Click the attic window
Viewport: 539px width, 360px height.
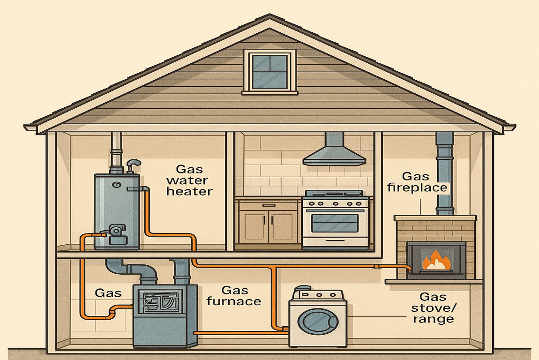(269, 71)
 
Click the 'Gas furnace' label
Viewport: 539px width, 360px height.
(233, 296)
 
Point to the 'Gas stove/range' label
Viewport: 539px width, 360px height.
(432, 307)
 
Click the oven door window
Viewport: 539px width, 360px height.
(335, 223)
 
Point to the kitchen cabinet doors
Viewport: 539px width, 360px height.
(268, 226)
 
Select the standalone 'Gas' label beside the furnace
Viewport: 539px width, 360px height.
(108, 293)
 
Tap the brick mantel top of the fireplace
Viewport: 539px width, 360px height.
(435, 218)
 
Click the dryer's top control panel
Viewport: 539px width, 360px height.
(317, 294)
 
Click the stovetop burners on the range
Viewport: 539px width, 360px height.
(334, 194)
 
